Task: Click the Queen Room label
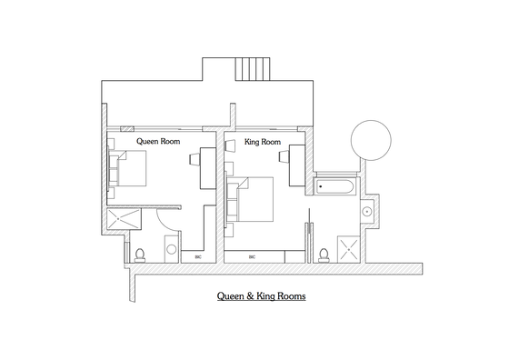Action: [158, 141]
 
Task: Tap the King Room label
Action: [263, 142]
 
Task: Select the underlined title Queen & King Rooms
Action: [262, 296]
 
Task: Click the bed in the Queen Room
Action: [127, 168]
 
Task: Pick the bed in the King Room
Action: [250, 199]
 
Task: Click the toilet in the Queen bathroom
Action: [140, 255]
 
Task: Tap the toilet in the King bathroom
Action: [324, 255]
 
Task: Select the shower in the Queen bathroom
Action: [124, 219]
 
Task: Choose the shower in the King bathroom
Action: [349, 249]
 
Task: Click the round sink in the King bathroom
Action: [367, 212]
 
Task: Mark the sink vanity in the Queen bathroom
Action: [172, 249]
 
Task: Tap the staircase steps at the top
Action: [253, 69]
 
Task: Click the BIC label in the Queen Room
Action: [198, 256]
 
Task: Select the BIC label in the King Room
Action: [253, 256]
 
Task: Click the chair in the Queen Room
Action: [195, 159]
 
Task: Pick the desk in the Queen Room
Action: [208, 168]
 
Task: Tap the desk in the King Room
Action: [297, 165]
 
